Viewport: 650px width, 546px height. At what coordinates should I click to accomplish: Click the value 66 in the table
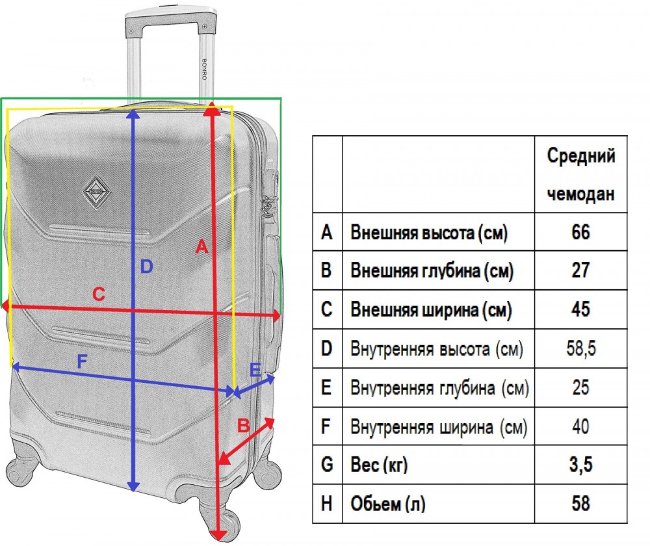pos(580,232)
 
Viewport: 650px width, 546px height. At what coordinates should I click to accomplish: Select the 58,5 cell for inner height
pos(580,348)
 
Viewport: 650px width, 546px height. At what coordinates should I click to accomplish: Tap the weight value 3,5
pos(580,464)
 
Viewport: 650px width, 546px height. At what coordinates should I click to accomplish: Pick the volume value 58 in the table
pos(580,503)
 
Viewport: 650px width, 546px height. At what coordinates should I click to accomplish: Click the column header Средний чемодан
pos(580,175)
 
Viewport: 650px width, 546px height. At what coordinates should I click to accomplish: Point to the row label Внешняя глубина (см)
pos(432,270)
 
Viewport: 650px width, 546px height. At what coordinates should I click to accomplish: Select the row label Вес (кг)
pos(379,465)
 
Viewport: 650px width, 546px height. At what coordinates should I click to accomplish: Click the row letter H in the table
pos(327,503)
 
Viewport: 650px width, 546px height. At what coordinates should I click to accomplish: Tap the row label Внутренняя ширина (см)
pos(439,427)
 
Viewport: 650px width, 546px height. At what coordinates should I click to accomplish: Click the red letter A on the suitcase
pos(201,246)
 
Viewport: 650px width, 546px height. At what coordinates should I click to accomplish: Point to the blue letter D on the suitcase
pos(146,266)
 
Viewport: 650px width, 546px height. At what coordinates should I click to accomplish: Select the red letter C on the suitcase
pos(99,294)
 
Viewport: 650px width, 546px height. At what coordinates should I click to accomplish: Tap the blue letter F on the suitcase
pos(82,362)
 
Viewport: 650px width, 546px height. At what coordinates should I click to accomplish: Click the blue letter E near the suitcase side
pos(255,370)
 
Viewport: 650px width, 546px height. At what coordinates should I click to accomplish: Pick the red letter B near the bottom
pos(243,426)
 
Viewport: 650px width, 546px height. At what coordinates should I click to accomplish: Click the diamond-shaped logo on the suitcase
pos(96,192)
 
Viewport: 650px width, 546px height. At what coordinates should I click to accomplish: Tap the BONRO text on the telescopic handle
pos(204,69)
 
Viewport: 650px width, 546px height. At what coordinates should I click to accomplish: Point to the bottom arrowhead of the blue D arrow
pos(133,486)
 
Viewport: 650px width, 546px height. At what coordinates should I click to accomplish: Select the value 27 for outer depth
pos(580,270)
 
